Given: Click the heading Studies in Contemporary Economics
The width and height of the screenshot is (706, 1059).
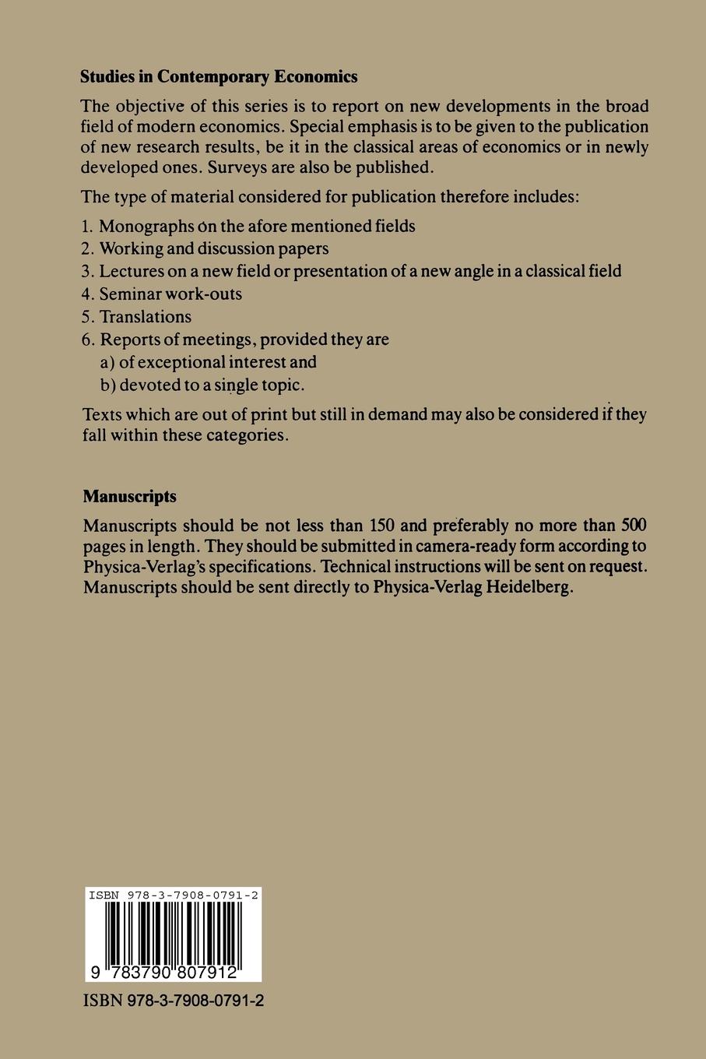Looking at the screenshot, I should tap(220, 76).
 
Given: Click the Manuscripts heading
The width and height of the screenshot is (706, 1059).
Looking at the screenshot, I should tap(129, 496).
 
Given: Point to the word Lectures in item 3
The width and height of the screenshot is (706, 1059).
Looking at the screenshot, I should tap(131, 271).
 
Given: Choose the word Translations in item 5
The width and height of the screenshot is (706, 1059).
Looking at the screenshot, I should tap(146, 316).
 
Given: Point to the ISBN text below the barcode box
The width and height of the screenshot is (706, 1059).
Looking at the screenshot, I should tap(173, 1001).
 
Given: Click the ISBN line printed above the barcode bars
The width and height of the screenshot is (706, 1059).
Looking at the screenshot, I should tap(173, 895).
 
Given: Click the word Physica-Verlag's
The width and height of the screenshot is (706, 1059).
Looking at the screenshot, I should tap(142, 567).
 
